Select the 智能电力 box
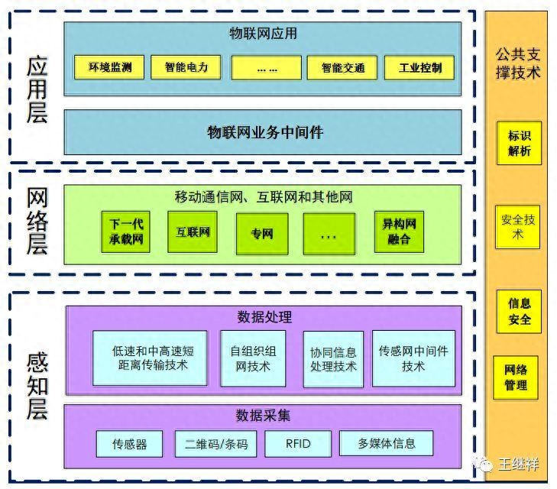pos(186,67)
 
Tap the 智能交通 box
pos(337,67)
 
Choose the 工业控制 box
pos(420,67)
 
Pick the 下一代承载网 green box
pos(126,232)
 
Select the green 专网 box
pos(261,234)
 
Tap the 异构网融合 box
pos(399,232)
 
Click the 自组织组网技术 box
pos(253,358)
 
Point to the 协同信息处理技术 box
pos(333,359)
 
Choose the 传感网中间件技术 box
pos(413,358)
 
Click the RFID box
pos(298,443)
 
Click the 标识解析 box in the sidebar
pos(520,144)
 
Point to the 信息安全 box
pos(520,311)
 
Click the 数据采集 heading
pos(263,416)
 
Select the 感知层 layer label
pos(37,385)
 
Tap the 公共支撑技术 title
pos(518,63)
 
